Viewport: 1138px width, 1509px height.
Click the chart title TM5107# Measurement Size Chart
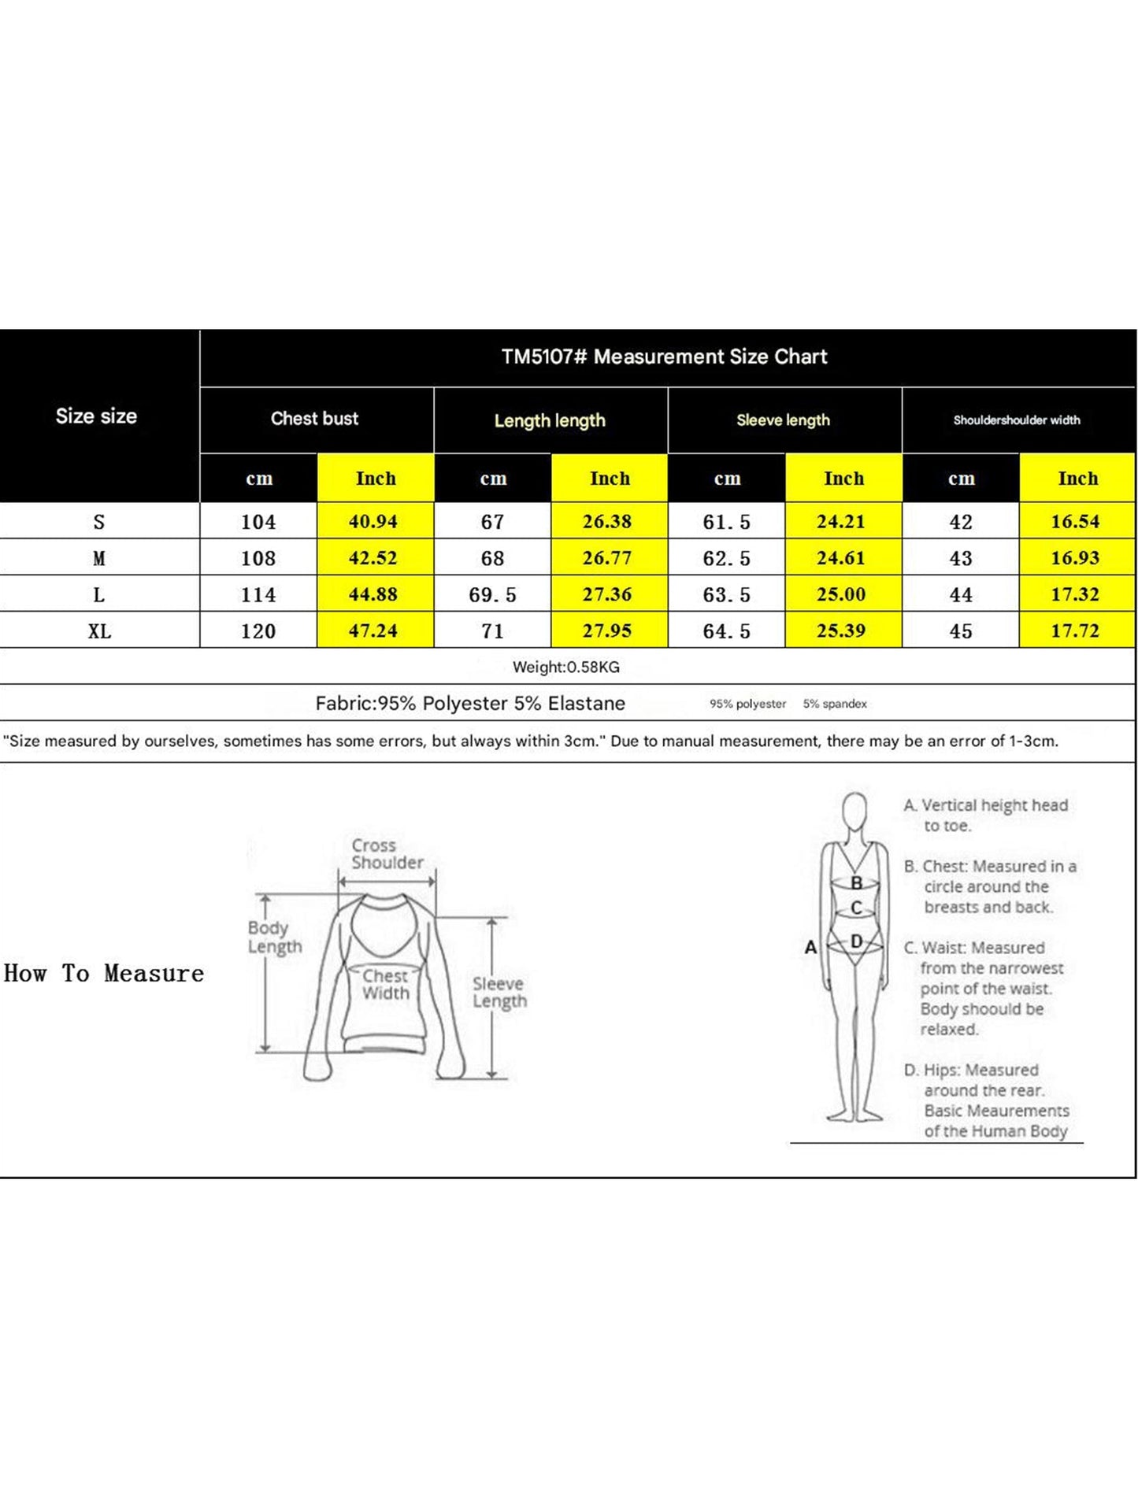pos(664,357)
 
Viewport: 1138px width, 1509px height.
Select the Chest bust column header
pos(314,419)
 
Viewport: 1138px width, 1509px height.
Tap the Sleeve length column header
pos(783,420)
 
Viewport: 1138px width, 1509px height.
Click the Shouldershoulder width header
pos(1016,420)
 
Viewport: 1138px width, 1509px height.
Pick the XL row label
pos(99,631)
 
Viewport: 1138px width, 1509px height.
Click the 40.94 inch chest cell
pos(373,521)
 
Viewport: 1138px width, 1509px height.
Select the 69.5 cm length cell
pos(492,595)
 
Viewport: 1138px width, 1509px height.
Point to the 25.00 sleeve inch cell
pos(841,594)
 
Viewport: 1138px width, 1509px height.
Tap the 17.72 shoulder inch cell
pos(1075,631)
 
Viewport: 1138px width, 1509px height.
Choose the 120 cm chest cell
pos(258,631)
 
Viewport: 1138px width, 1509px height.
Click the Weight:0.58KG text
pos(565,668)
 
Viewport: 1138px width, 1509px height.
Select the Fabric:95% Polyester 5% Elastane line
pos(470,704)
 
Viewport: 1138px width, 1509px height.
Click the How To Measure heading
pos(104,974)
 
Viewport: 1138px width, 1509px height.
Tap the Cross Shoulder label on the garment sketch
pos(387,854)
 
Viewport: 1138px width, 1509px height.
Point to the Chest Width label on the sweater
pos(385,985)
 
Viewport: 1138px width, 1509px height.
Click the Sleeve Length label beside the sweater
pos(499,993)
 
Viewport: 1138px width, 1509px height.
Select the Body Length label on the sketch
pos(274,937)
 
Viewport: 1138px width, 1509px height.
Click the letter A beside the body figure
pos(810,948)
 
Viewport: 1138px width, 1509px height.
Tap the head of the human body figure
pos(854,811)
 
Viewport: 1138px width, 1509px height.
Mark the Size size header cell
pos(96,416)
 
